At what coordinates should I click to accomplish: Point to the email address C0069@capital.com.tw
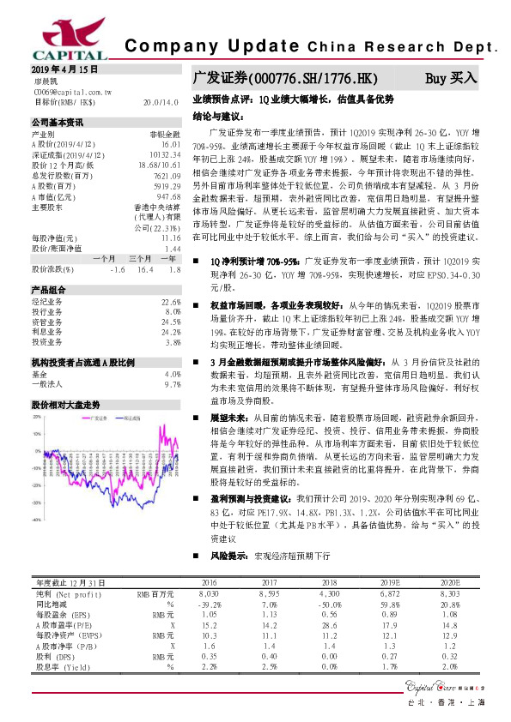(x=72, y=90)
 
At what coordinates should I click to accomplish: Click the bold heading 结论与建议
(x=222, y=114)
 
